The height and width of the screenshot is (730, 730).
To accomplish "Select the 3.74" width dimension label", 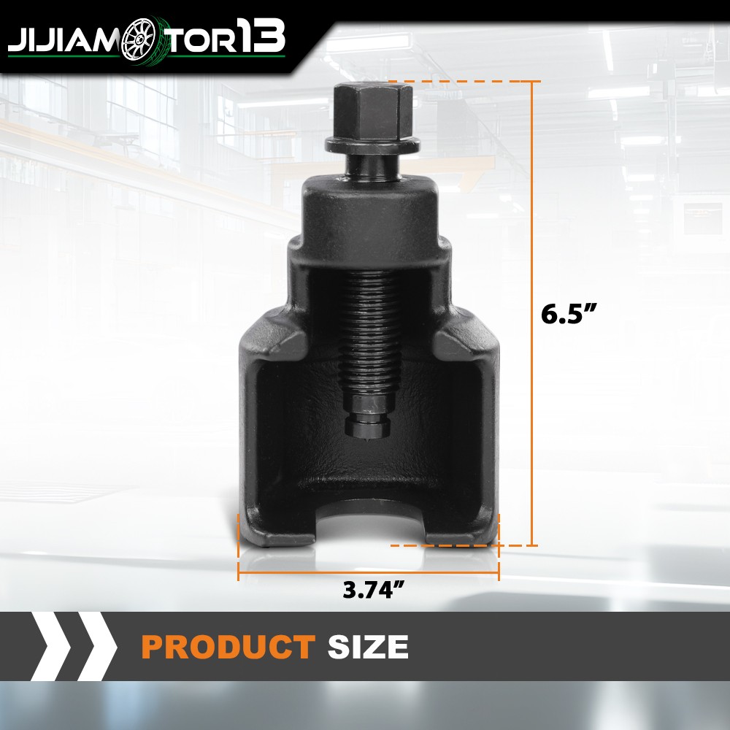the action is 373,589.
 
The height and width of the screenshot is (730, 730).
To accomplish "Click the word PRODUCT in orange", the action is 228,647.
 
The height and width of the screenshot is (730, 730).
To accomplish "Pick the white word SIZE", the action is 368,647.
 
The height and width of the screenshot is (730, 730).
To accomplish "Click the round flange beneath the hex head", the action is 372,145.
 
